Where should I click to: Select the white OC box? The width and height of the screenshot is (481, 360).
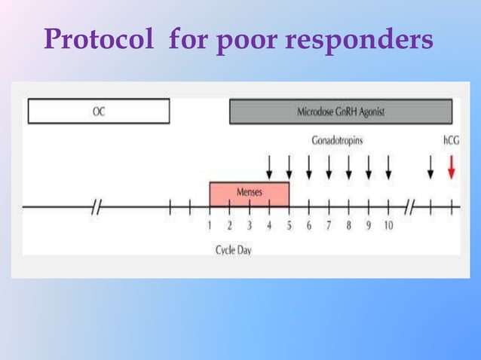click(x=99, y=111)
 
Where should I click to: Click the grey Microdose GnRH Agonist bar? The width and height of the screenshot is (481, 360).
click(x=341, y=111)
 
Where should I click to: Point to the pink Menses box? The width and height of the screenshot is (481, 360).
click(x=250, y=193)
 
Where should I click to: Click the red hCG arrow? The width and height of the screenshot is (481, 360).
click(x=451, y=166)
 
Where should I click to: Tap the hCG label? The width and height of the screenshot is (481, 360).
click(x=451, y=140)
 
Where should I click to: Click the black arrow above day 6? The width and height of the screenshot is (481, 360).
click(x=309, y=166)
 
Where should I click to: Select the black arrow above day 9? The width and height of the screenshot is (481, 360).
click(x=368, y=166)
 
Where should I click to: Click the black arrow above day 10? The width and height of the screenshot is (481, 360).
click(x=388, y=166)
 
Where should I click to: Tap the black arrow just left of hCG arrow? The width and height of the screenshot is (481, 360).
click(x=430, y=166)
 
